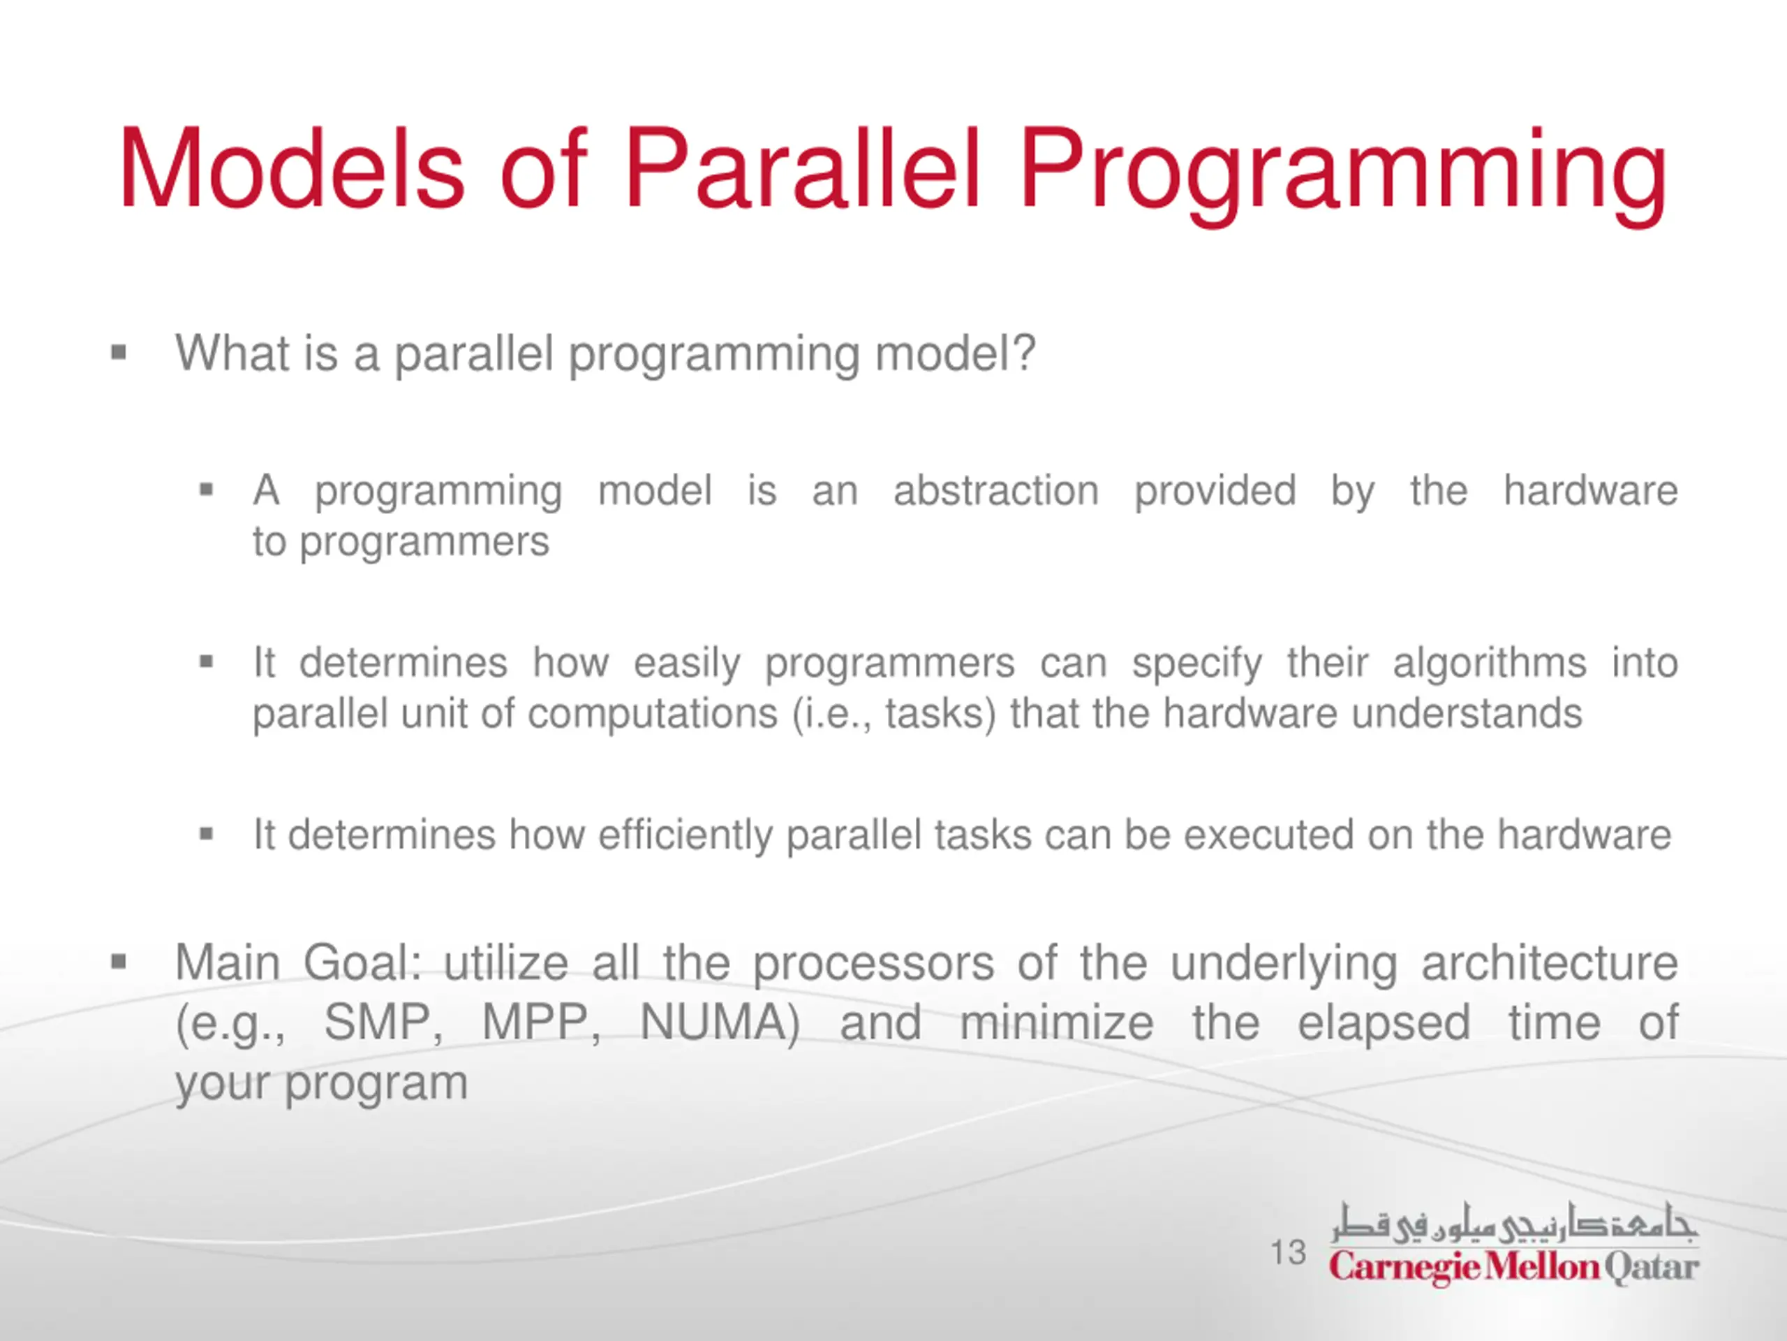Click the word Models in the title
pos(292,170)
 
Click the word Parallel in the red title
pos(802,169)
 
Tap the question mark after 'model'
pos(1022,353)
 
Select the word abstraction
pos(995,490)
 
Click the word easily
pos(687,664)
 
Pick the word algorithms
pos(1489,664)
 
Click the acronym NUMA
pos(720,1023)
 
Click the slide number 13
pos(1288,1252)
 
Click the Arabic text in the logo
pos(1514,1223)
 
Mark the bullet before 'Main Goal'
pos(119,962)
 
